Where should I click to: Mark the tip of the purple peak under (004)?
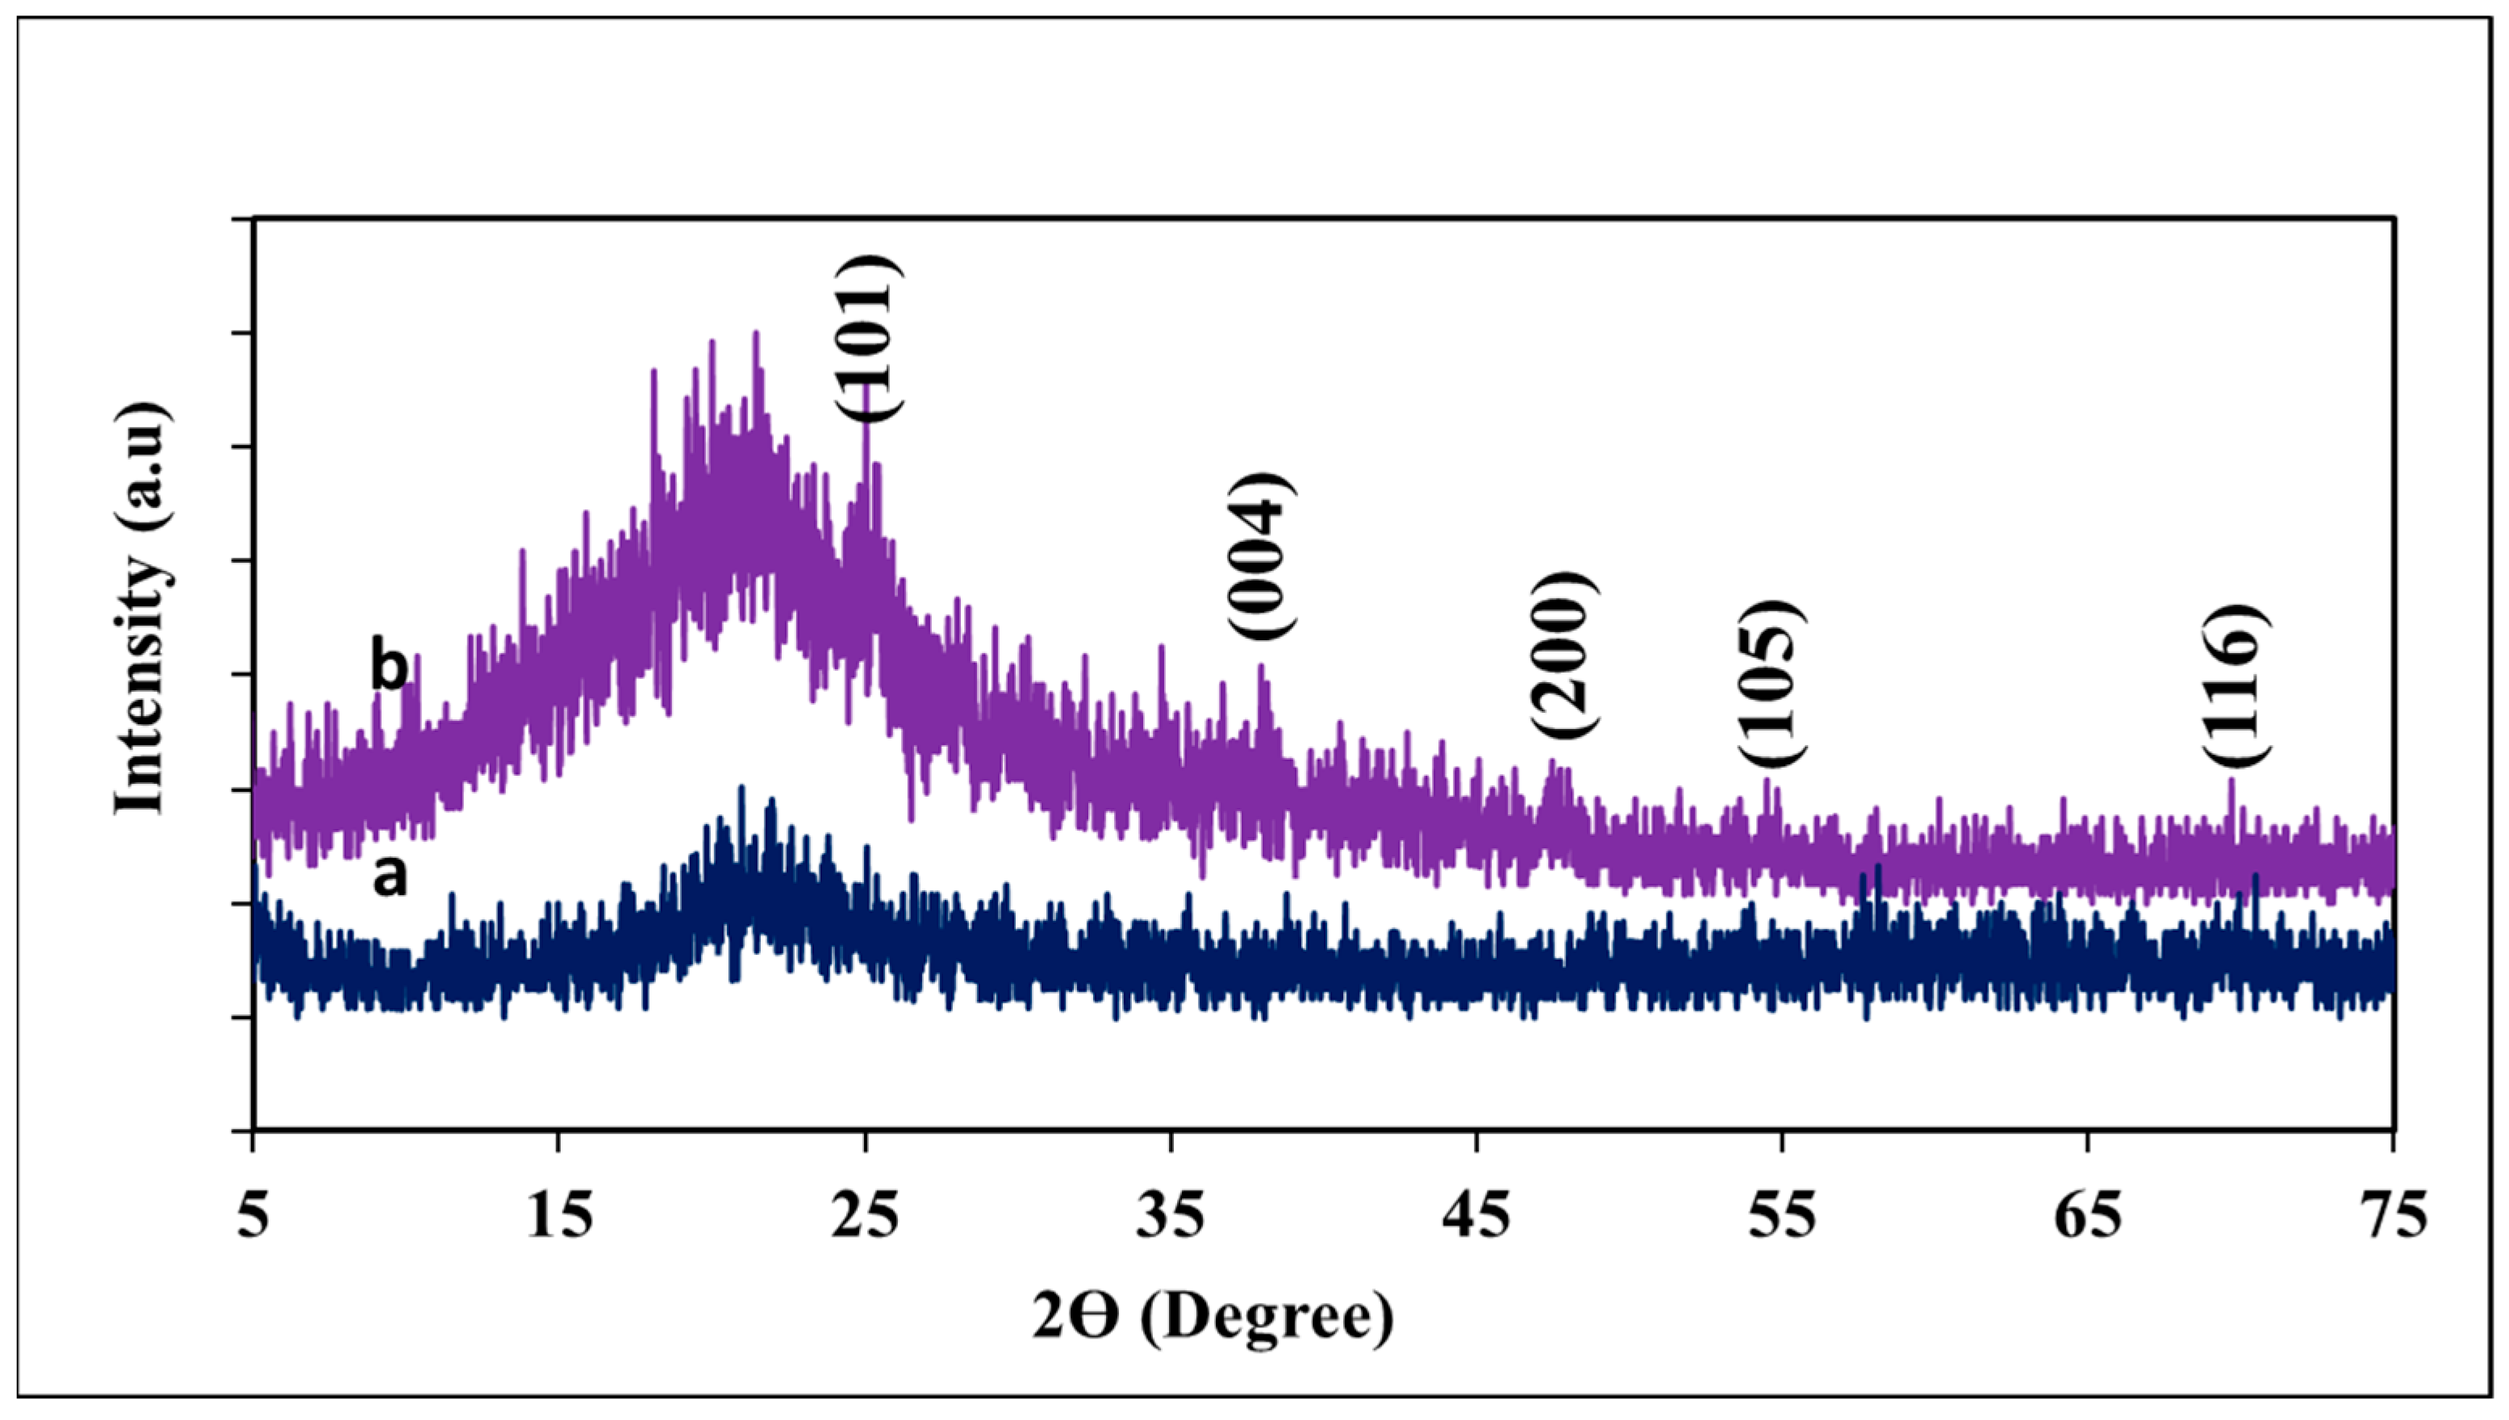1260,666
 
